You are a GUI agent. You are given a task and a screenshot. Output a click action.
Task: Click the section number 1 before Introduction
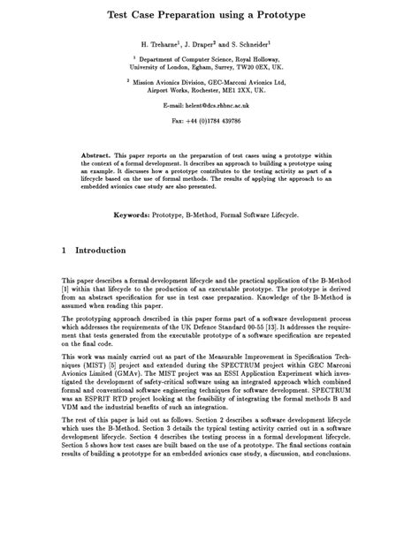[x=64, y=251]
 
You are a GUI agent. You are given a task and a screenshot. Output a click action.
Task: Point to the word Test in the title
[x=122, y=15]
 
